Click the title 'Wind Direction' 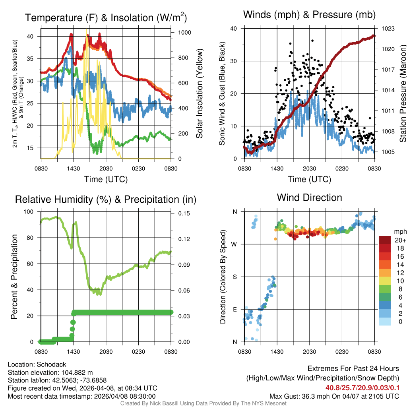[309, 198]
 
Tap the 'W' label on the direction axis [235, 244]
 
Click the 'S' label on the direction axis [235, 277]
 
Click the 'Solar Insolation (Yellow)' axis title [200, 94]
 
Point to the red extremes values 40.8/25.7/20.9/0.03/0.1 [362, 388]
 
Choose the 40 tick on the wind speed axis [234, 29]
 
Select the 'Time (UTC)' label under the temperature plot [106, 179]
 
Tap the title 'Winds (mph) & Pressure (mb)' [309, 15]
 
